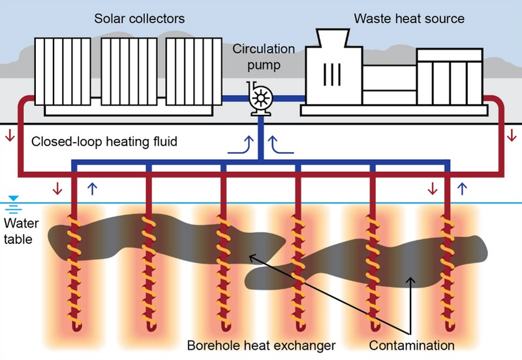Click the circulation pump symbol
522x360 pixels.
click(260, 98)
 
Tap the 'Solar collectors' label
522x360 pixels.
click(140, 19)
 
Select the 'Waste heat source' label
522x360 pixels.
click(409, 19)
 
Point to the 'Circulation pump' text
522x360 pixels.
click(264, 57)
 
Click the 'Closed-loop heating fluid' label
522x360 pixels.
click(104, 142)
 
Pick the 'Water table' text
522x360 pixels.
click(21, 231)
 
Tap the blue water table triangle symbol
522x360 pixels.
click(13, 199)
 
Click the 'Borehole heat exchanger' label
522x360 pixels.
click(262, 346)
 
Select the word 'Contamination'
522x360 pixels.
click(412, 346)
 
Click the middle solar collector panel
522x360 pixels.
click(129, 72)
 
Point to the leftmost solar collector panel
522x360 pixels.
click(63, 72)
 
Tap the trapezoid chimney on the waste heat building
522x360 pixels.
click(333, 38)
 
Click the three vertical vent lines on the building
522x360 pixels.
click(332, 74)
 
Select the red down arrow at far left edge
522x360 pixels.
click(10, 135)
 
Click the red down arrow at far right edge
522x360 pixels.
click(512, 135)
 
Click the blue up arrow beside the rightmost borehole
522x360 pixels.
click(462, 188)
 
